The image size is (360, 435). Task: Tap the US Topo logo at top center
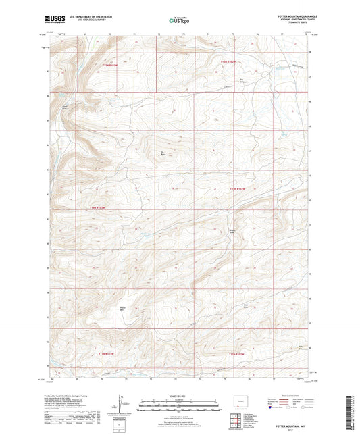[178, 21]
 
